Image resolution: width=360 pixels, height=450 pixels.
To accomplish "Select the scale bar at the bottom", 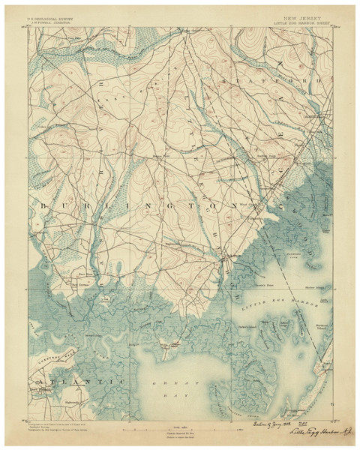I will (179, 417).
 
